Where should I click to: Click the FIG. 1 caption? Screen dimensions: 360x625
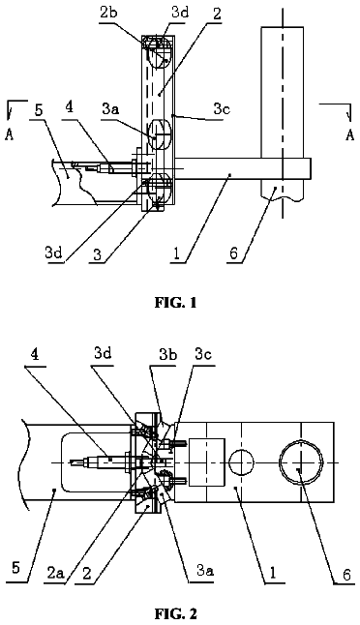[176, 303]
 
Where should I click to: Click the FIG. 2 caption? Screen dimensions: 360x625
[176, 613]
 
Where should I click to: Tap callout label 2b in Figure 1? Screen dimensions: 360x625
[108, 14]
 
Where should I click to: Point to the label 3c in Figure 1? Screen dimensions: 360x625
[222, 110]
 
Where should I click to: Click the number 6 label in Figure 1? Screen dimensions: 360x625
[234, 253]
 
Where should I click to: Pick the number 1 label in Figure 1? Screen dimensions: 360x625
[176, 253]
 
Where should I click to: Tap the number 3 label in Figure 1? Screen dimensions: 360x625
[97, 254]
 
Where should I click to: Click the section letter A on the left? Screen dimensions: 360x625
[9, 135]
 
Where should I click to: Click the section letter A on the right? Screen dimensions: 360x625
[350, 135]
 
